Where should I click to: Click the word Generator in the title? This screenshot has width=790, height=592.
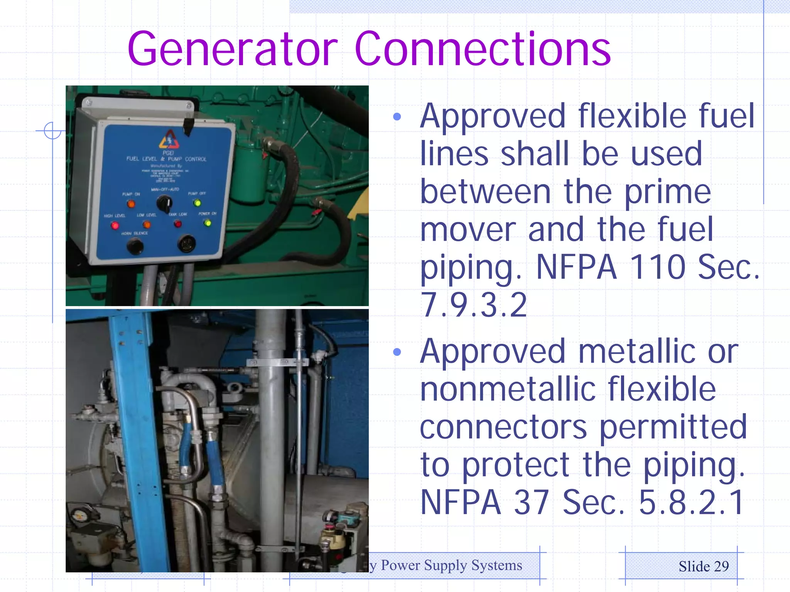233,49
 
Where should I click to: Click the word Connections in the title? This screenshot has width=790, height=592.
482,49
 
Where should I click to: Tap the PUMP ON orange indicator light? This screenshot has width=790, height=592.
131,203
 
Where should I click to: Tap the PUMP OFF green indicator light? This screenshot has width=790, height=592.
197,203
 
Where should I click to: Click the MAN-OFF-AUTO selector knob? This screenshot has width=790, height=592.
164,202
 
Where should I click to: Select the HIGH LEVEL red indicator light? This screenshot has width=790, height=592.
115,225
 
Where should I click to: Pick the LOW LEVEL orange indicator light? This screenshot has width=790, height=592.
147,225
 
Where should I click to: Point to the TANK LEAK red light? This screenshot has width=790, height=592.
177,224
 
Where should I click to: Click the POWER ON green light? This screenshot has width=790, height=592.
208,223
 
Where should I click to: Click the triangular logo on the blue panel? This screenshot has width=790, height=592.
169,140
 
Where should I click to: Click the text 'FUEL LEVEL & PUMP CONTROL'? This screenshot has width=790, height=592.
166,159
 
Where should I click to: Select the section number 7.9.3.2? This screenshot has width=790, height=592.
474,305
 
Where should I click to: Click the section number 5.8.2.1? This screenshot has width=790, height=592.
691,502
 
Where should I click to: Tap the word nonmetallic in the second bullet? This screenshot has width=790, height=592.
508,389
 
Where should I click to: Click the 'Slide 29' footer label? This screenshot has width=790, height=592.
704,567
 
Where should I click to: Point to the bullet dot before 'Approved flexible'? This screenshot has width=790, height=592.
397,116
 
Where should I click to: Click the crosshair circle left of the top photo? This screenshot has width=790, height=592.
52,131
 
